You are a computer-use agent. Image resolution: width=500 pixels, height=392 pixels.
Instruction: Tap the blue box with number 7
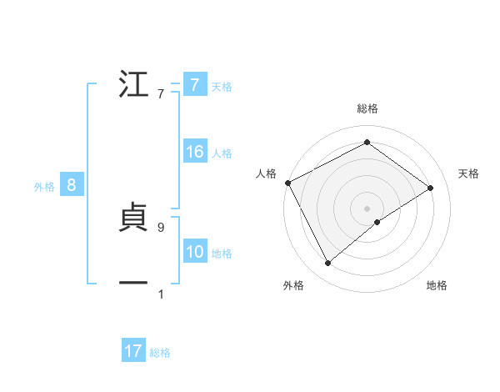194,85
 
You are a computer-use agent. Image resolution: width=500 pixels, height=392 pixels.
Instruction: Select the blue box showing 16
195,153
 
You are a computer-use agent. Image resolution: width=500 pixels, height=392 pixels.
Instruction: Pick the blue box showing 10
195,253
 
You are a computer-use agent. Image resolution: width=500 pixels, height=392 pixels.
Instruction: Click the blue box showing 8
72,186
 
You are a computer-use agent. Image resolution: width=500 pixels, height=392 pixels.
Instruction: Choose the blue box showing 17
133,352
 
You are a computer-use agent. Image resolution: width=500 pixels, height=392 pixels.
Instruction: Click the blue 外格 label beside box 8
44,187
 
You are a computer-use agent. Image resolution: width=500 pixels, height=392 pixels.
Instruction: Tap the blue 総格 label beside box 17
160,353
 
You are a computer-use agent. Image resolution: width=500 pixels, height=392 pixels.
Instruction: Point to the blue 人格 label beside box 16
222,153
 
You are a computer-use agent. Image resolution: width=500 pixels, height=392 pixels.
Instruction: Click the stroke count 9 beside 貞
160,227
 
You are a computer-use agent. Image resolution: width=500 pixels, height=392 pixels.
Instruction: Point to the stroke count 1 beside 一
160,294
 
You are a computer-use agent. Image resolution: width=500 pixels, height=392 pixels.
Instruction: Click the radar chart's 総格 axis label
367,108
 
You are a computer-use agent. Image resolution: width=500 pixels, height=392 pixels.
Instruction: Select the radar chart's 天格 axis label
469,173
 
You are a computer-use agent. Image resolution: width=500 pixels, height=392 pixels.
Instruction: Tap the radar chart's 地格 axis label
437,285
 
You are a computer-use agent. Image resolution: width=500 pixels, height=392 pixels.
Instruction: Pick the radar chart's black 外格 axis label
293,285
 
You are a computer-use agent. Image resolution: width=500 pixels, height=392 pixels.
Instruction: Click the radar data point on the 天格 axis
431,188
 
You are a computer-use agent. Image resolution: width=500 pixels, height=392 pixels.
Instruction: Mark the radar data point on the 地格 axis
377,222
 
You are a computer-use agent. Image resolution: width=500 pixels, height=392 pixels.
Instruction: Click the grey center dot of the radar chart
367,208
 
